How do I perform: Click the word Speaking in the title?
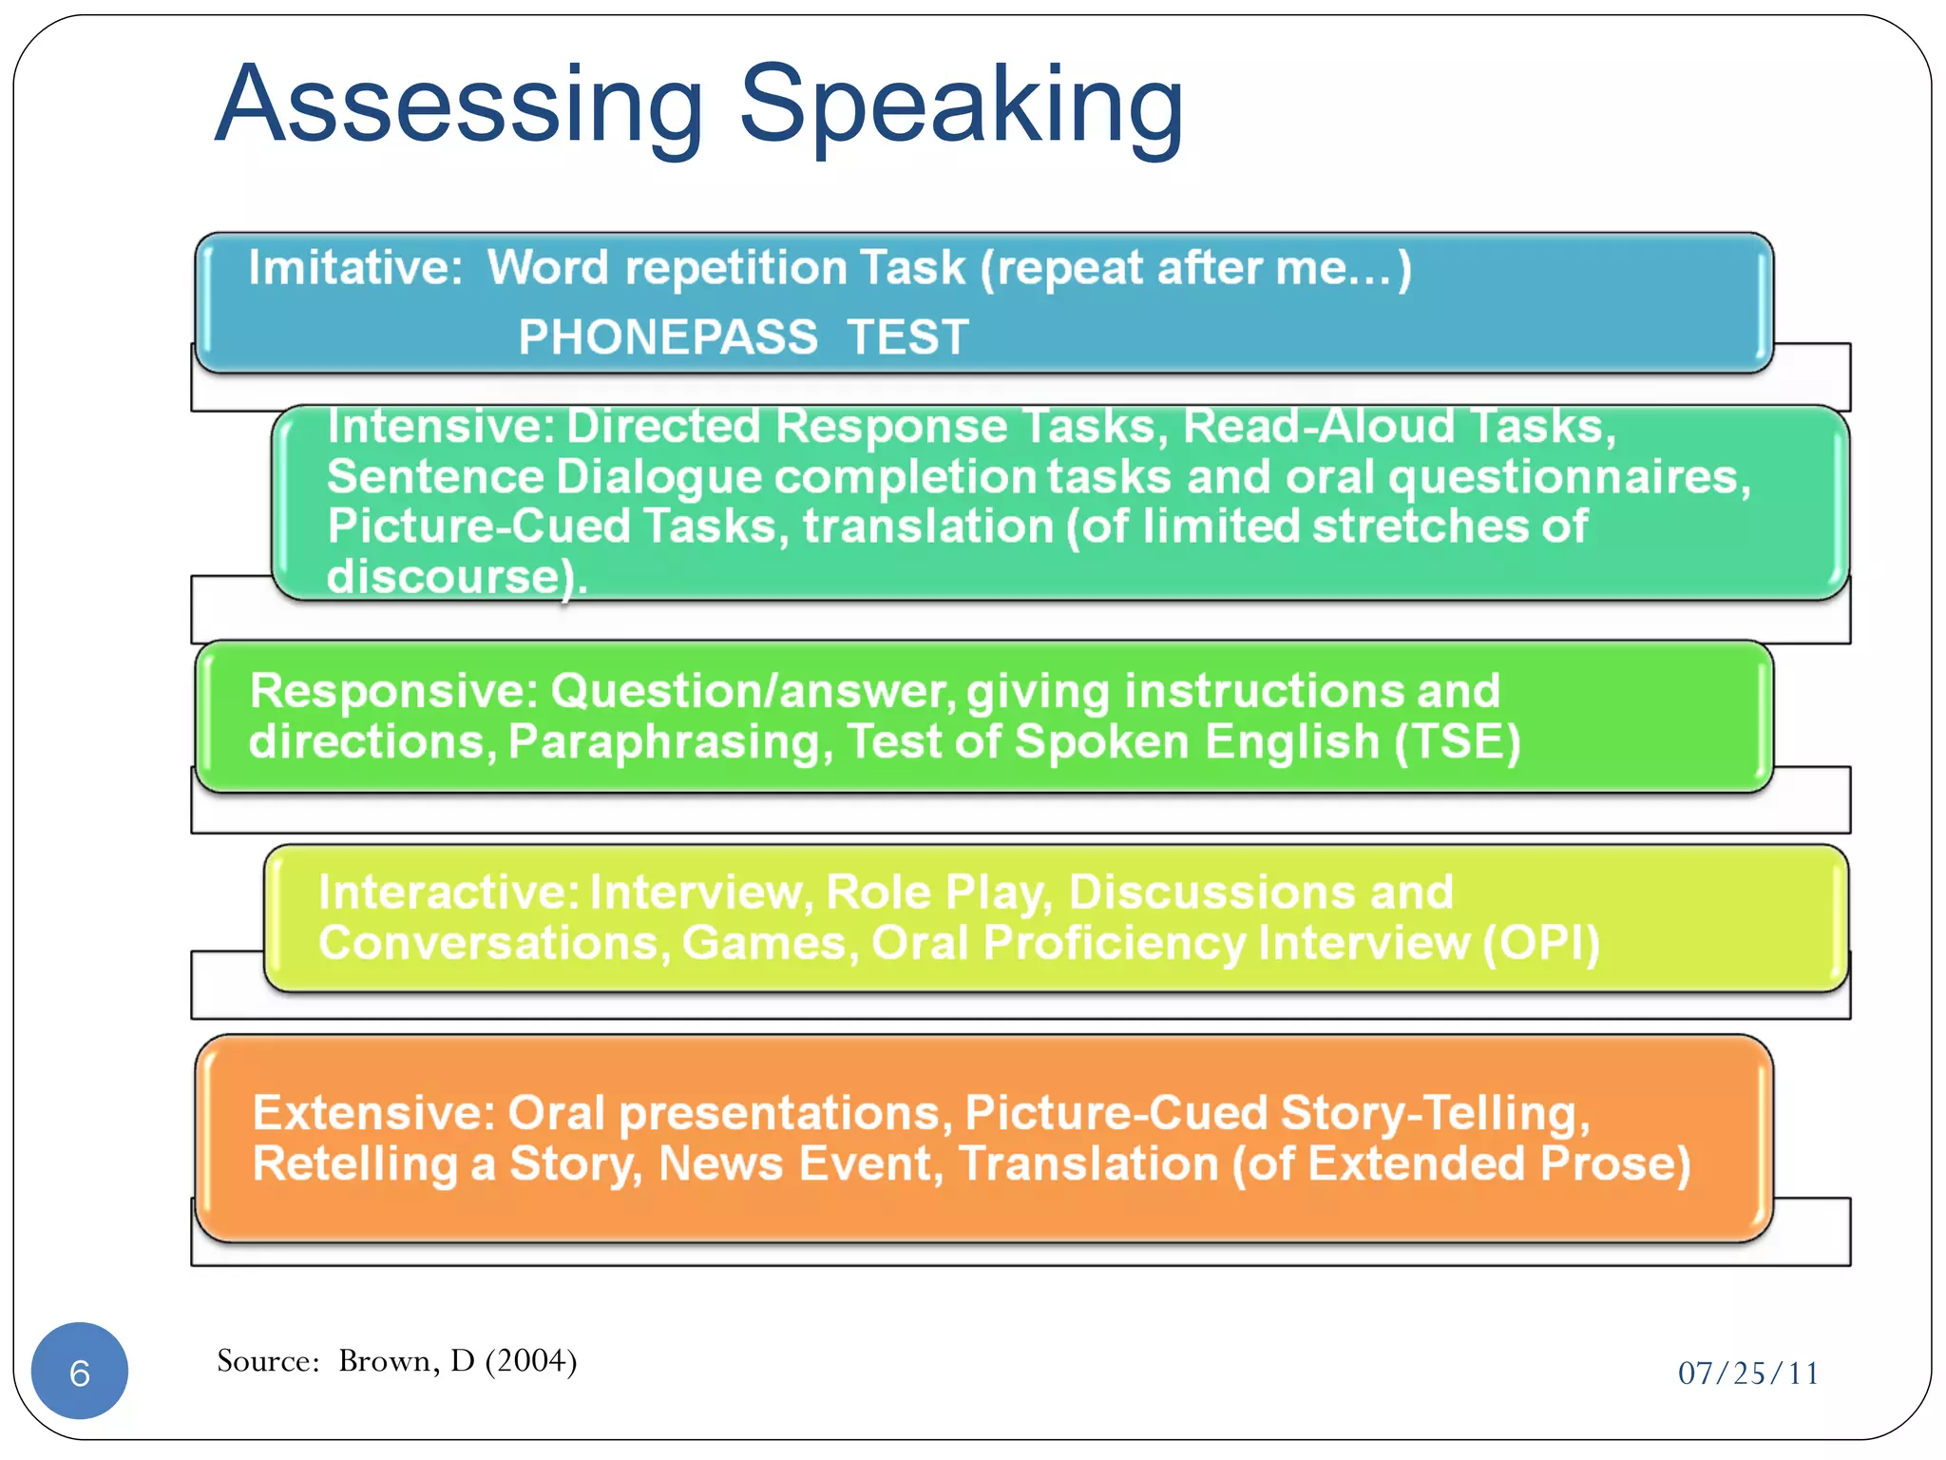[961, 105]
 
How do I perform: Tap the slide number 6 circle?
[80, 1372]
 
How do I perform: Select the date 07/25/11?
[1747, 1374]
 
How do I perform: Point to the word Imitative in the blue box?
[353, 267]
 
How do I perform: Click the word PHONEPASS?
[668, 336]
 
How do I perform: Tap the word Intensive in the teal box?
[440, 426]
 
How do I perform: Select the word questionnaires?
[1568, 477]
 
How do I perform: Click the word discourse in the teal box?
[443, 576]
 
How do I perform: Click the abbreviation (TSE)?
[1458, 741]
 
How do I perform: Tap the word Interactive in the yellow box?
[448, 893]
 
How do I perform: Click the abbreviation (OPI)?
[1541, 943]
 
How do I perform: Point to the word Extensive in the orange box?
[373, 1113]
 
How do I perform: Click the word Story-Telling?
[1434, 1113]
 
